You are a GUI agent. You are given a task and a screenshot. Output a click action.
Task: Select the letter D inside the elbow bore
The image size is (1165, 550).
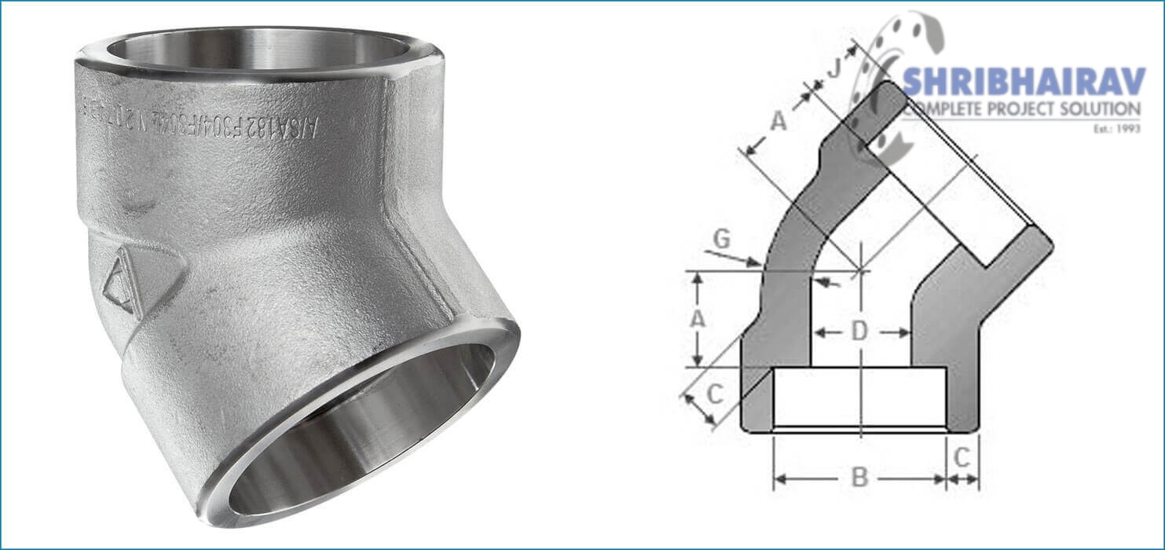[860, 332]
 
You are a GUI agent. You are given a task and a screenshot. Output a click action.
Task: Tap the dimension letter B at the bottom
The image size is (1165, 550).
[860, 477]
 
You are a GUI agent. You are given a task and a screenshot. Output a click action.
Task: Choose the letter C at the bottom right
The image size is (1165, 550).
[963, 456]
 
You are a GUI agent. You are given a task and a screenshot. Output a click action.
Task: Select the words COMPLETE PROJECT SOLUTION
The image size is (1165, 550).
[1021, 109]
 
